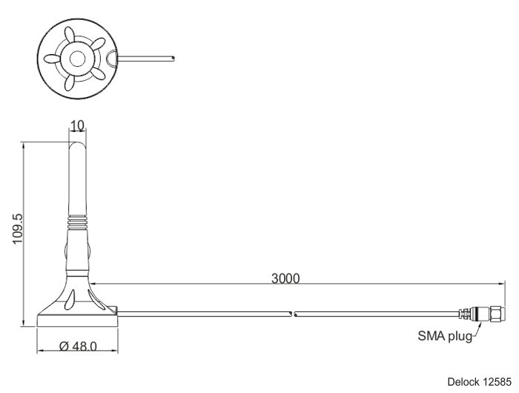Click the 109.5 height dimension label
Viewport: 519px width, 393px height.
(18, 229)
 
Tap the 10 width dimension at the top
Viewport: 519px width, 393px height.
(77, 125)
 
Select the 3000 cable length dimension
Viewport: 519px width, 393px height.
(285, 279)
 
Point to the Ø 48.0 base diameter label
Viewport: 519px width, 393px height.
(78, 346)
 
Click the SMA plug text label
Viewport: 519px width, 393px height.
(445, 336)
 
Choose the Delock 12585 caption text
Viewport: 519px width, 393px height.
(479, 382)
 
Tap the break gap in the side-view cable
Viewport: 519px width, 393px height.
(293, 314)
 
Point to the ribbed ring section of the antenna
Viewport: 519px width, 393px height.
(77, 222)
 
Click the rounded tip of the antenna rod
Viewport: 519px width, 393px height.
(77, 145)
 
